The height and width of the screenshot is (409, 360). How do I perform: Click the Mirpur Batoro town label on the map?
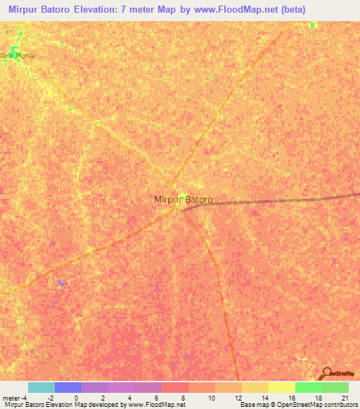tap(183, 200)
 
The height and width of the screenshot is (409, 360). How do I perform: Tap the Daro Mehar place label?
tap(18, 54)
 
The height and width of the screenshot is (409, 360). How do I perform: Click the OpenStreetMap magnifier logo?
tap(326, 373)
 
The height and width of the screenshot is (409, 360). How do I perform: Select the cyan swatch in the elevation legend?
tap(41, 387)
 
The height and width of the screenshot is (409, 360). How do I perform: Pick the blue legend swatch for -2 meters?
tap(68, 387)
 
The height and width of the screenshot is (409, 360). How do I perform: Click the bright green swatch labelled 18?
tap(309, 387)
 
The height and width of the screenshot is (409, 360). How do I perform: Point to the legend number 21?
tap(344, 397)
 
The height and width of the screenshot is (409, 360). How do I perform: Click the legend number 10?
tap(210, 397)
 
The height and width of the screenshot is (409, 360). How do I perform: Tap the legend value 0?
tap(76, 397)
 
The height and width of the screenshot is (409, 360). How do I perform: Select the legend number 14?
tap(264, 397)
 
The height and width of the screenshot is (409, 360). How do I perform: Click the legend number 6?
tap(157, 397)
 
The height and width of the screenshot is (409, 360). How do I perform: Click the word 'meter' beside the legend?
tap(11, 397)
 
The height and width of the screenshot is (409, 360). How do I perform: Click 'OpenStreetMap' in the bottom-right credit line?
tap(292, 405)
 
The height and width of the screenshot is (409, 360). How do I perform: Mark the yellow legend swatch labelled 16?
tap(282, 387)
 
